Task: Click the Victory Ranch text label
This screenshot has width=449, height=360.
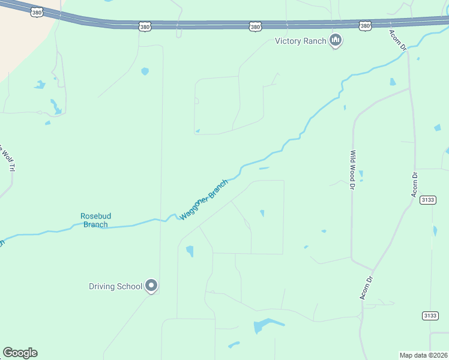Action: tap(300, 41)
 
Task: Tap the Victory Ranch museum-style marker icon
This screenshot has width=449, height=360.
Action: tap(336, 41)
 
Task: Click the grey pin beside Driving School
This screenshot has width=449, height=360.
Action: tap(152, 286)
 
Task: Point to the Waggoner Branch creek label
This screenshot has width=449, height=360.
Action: tap(204, 199)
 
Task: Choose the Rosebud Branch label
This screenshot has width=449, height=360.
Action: tap(95, 220)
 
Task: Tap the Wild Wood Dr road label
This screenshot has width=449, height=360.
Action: tap(354, 170)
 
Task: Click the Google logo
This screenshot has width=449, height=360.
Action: tap(20, 353)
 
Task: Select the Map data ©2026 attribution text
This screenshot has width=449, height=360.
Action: tap(423, 355)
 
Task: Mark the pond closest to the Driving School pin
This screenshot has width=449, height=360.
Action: tap(190, 251)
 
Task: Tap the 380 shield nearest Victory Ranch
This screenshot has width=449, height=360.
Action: tap(255, 26)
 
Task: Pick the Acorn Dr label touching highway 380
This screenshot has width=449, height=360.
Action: tap(398, 40)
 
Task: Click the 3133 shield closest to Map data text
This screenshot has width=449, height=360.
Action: tap(430, 316)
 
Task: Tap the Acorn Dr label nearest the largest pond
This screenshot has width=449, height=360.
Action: tap(367, 287)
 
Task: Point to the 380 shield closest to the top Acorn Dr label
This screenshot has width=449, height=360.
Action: tap(366, 26)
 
